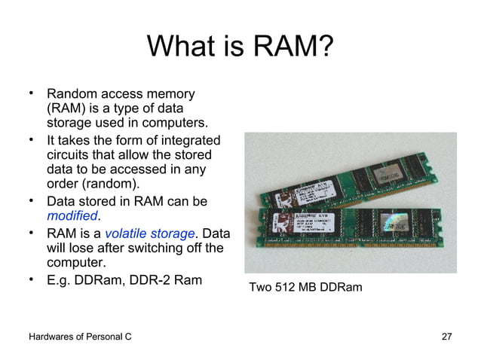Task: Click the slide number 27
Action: tap(446, 336)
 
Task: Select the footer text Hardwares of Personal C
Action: tap(80, 336)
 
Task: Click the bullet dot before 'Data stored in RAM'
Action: tap(32, 201)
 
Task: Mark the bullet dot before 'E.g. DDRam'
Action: tap(32, 280)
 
